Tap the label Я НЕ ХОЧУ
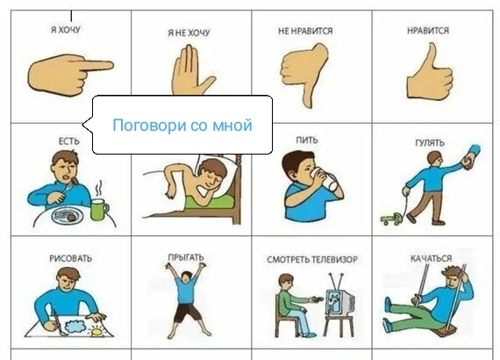click(x=189, y=32)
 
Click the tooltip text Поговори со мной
click(x=182, y=126)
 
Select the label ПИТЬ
click(x=307, y=140)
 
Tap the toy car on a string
click(x=390, y=219)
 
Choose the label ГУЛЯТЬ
click(x=430, y=142)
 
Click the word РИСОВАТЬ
click(x=70, y=258)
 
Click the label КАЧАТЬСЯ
click(x=431, y=258)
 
